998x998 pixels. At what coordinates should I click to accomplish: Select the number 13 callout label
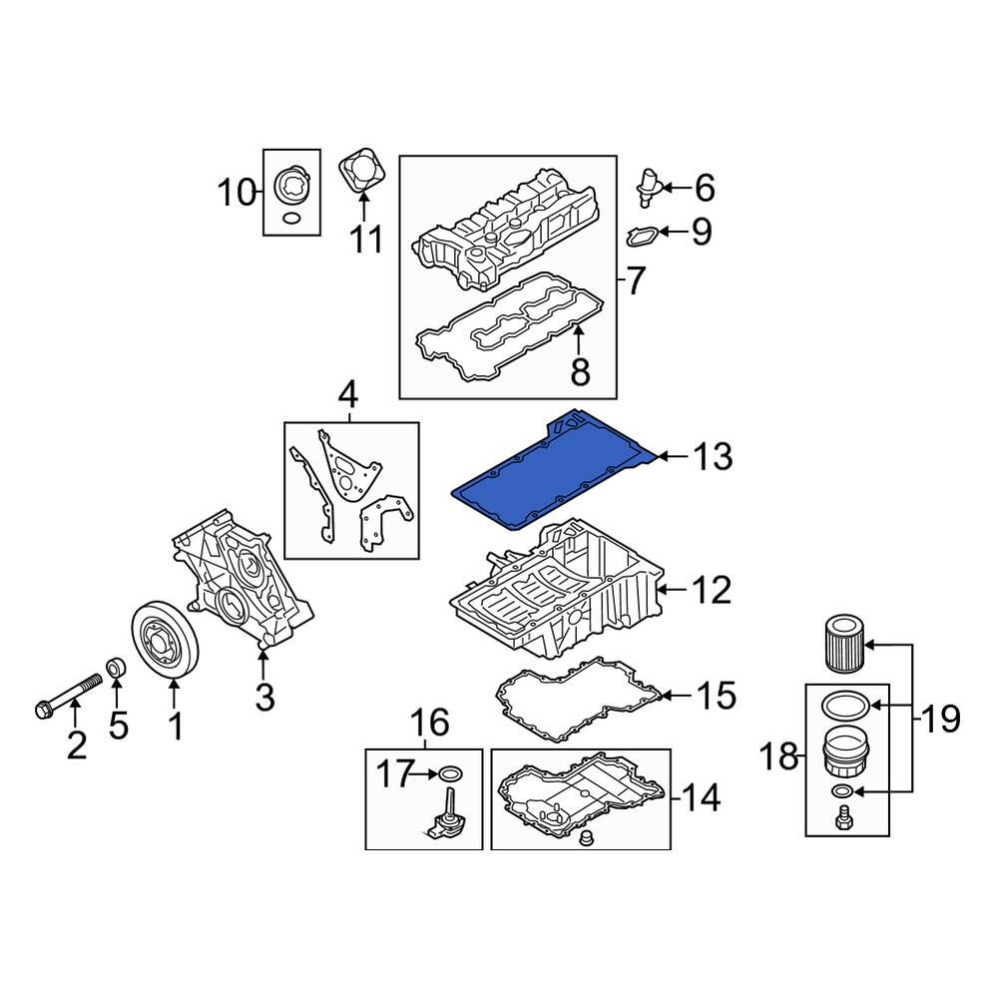713,457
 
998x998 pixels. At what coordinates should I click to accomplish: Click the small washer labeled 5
117,667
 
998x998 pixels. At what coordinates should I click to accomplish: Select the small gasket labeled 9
642,236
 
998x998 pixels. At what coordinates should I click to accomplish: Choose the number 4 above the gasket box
346,396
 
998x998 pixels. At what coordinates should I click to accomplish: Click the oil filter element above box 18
846,645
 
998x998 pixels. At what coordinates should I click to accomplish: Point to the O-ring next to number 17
450,772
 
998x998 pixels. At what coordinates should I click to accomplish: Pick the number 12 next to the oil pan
713,590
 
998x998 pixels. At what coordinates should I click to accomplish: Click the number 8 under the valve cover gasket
579,373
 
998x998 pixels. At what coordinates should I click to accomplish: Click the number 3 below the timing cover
264,697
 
